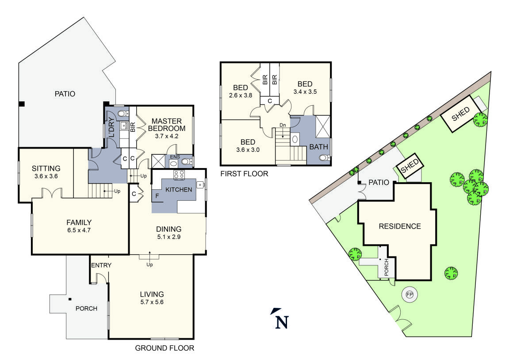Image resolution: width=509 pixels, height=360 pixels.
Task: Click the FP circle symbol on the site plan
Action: (x=409, y=294)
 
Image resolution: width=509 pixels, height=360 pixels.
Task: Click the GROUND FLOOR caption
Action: (x=164, y=349)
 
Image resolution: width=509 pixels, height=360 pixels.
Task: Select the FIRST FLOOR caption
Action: (x=244, y=174)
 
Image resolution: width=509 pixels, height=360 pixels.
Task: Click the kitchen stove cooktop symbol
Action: (x=179, y=175)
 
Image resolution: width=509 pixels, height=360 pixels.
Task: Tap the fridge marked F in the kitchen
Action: (x=157, y=195)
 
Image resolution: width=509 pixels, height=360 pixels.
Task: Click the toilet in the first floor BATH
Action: (x=324, y=158)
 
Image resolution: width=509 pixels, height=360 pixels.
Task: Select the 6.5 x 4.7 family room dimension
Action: (x=79, y=230)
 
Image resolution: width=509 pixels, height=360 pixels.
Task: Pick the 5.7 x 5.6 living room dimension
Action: (x=152, y=303)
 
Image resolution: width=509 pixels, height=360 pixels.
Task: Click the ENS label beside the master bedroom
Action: (x=174, y=157)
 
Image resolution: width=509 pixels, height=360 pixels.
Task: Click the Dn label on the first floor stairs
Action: (x=283, y=126)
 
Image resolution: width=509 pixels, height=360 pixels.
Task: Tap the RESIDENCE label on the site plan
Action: (x=400, y=226)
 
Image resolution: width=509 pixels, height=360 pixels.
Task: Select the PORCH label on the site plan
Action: (x=386, y=267)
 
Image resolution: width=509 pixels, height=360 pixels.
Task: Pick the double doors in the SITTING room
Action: (x=52, y=194)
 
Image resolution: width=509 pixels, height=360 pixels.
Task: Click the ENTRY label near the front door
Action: (x=101, y=265)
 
